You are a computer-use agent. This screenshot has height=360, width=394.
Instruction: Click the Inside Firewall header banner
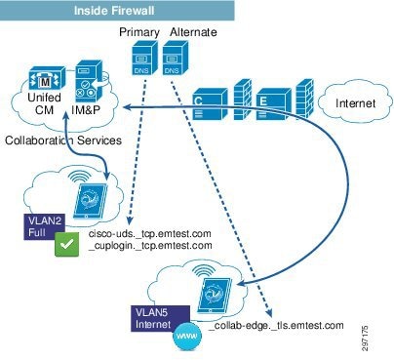click(118, 10)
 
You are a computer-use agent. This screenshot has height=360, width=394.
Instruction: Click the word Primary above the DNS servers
click(138, 32)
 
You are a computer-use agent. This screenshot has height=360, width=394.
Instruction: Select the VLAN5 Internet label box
click(158, 318)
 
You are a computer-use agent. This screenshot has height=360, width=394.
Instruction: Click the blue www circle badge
click(181, 338)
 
